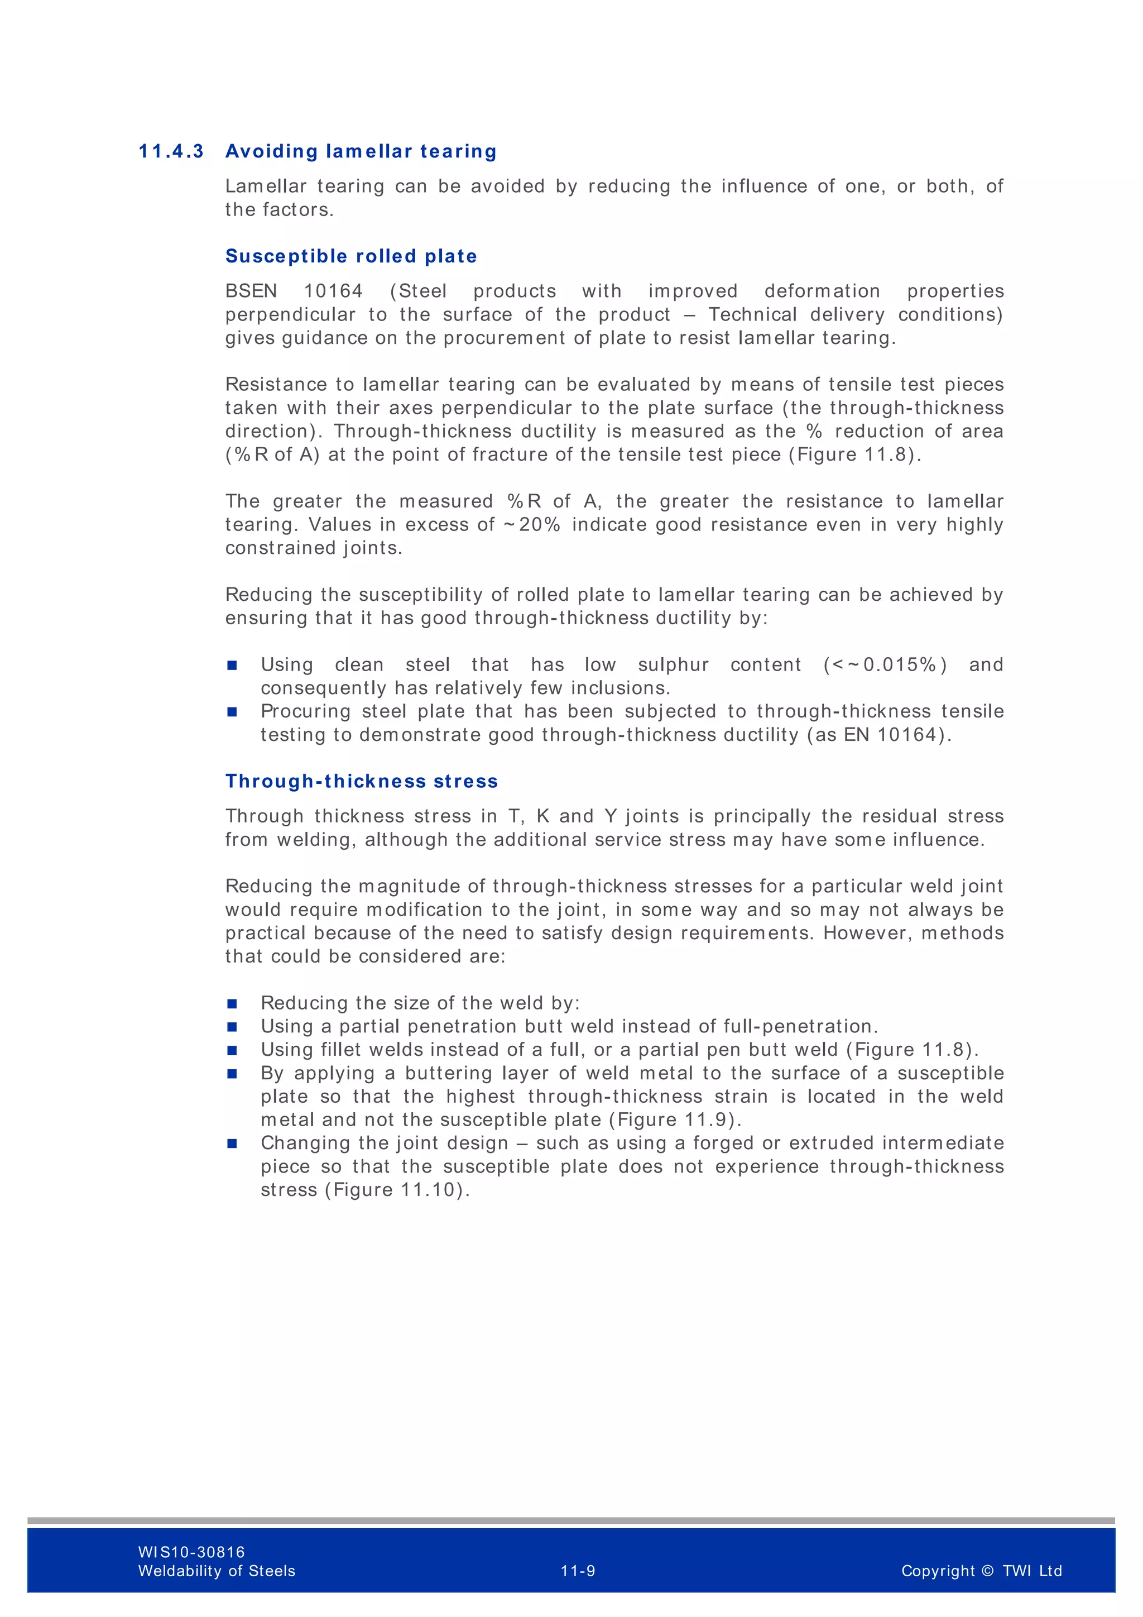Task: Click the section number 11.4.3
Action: (171, 151)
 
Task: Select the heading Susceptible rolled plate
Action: (350, 256)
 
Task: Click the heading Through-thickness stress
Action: (361, 781)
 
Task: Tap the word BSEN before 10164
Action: (251, 291)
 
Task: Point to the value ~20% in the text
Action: (532, 525)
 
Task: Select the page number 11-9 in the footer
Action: (578, 1571)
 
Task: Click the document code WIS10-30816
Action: (191, 1552)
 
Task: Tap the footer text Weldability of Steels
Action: (217, 1571)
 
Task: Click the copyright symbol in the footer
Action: (987, 1571)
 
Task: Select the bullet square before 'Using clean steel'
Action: (232, 666)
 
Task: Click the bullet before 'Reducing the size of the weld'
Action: (232, 1003)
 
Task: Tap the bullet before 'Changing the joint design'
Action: (232, 1144)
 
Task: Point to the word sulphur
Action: (673, 665)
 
